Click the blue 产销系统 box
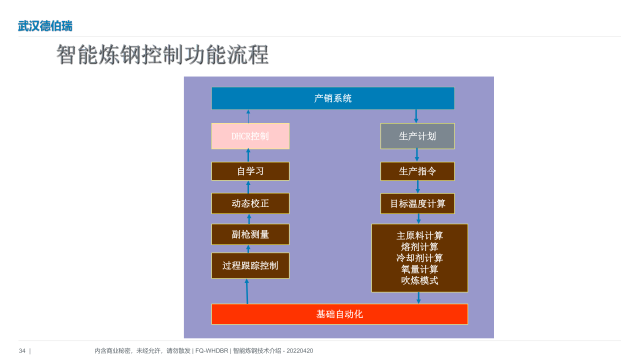coord(333,98)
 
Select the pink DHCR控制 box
coord(250,136)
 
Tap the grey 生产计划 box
coord(417,136)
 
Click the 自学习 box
coord(250,171)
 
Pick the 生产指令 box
coord(417,171)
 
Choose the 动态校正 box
coord(250,203)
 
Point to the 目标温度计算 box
coord(417,203)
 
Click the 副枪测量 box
coord(250,234)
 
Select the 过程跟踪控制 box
coord(250,265)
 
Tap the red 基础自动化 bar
coord(339,314)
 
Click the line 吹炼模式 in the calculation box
coord(419,280)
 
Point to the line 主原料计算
coord(419,235)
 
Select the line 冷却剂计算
coord(419,258)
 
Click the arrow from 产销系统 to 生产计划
coord(416,116)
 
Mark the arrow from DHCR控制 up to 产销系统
coord(248,116)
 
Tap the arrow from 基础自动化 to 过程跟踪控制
coord(247,291)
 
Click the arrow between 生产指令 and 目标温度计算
coord(417,187)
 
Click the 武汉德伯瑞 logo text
coord(45,26)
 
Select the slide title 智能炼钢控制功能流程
coord(162,54)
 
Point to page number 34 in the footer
coord(22,350)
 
